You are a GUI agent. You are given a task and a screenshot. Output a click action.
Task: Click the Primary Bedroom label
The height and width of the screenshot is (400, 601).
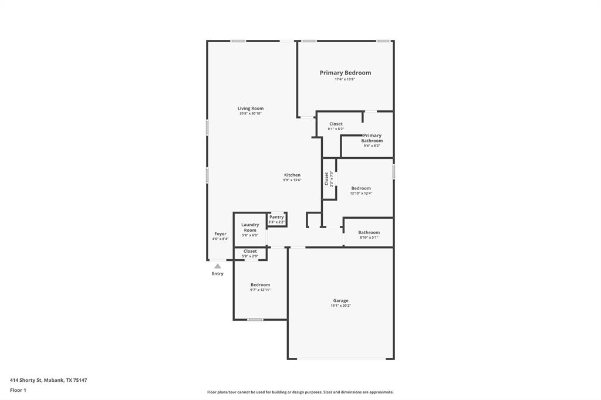click(345, 73)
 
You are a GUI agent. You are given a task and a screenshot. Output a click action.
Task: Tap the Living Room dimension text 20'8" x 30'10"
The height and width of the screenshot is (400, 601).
click(251, 114)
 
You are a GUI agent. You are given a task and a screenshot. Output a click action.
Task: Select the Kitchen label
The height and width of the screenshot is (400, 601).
click(292, 175)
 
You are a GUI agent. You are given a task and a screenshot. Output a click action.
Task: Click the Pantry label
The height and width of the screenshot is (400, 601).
click(276, 217)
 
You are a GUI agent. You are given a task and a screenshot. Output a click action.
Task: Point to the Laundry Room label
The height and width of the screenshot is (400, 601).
click(250, 227)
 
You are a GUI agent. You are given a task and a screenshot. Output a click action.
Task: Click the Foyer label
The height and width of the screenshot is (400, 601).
click(220, 234)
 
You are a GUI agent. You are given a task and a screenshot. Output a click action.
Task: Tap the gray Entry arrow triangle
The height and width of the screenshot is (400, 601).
click(218, 266)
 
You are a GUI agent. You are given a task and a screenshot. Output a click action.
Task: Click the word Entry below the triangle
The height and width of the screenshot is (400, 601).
click(218, 274)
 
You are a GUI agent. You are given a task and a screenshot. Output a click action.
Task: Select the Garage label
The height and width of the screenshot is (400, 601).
click(341, 300)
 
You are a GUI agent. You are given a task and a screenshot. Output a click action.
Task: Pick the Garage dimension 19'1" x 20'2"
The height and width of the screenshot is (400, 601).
click(341, 306)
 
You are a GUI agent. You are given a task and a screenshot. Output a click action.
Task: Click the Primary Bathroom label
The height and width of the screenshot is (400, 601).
click(372, 138)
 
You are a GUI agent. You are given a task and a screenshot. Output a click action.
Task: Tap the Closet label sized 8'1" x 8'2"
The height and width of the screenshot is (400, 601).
click(336, 124)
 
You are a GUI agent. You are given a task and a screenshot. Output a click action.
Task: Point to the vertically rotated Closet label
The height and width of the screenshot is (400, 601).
click(326, 178)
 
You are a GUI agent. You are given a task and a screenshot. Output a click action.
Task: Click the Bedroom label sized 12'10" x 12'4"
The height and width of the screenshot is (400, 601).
click(361, 188)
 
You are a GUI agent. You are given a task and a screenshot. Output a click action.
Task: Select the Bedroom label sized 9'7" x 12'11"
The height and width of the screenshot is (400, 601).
click(261, 284)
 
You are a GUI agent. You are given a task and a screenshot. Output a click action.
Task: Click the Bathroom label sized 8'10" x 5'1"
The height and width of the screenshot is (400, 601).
click(369, 232)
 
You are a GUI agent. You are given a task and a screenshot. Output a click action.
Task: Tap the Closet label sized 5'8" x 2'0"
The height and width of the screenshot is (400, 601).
click(250, 251)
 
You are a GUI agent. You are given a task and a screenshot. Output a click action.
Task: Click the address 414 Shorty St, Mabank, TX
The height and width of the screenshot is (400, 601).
click(48, 380)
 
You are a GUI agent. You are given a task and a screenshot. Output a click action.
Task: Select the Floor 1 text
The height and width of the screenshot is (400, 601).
click(18, 390)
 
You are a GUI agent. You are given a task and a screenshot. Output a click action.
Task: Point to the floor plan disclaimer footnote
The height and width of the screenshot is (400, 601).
click(300, 392)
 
